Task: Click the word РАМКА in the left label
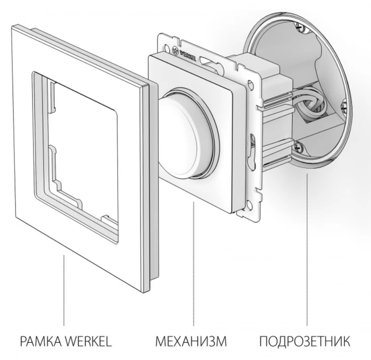[41, 341]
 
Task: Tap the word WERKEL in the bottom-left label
[88, 341]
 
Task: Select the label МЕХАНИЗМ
[191, 341]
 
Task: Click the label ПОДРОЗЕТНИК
[305, 341]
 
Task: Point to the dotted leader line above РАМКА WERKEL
[64, 290]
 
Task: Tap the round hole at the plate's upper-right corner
[249, 84]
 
